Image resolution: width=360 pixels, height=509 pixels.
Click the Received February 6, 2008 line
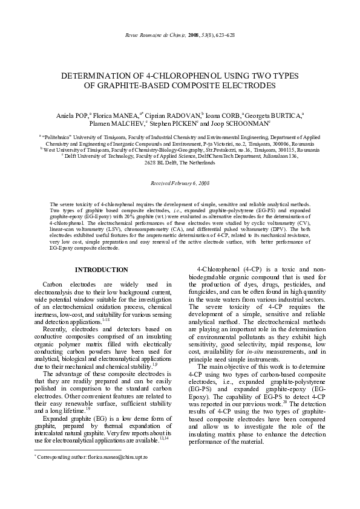tap(180, 182)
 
